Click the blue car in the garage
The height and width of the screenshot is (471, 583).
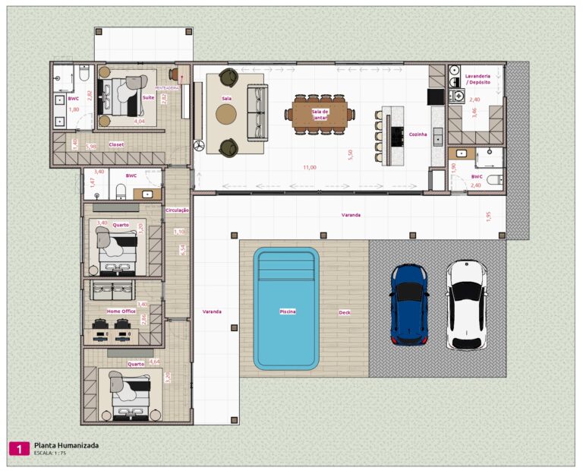[409, 305]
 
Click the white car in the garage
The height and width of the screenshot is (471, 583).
[466, 305]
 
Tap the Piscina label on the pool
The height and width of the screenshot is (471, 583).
[288, 311]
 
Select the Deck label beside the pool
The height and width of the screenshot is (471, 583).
[345, 312]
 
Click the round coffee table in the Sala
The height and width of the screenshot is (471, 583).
[226, 114]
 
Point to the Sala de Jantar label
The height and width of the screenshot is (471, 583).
[320, 114]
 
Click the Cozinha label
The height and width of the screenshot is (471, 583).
[418, 134]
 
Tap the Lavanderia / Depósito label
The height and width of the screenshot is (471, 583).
[477, 80]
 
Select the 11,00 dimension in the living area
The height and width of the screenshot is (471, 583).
[310, 167]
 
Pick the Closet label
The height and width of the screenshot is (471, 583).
[116, 144]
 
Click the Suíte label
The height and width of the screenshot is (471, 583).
[149, 97]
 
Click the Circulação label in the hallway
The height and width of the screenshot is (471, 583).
[177, 210]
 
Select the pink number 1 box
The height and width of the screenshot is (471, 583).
[18, 448]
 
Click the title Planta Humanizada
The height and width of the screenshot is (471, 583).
[66, 445]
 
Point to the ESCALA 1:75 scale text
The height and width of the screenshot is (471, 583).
[50, 454]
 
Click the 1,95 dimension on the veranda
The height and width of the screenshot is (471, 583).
[489, 217]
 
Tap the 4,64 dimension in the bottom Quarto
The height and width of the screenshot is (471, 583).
[155, 362]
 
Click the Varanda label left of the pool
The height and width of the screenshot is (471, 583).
[212, 311]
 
